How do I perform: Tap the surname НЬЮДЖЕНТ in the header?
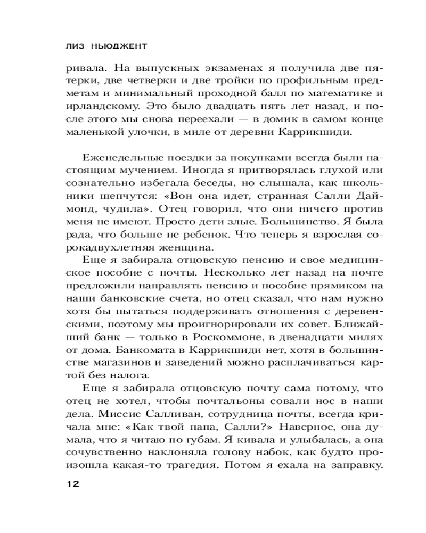pos(117,46)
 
